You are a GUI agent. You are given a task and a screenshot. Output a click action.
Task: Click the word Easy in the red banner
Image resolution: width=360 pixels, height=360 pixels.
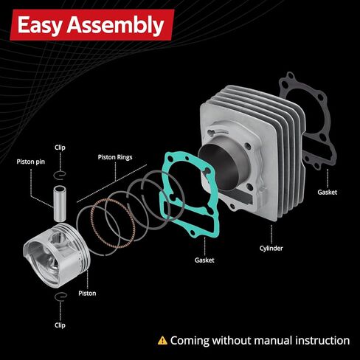pyautogui.click(x=39, y=25)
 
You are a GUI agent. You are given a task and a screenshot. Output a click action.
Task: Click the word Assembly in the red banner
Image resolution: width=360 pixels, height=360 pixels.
pyautogui.click(x=115, y=25)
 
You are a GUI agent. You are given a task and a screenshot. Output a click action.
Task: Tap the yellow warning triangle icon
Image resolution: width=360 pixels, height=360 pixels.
pyautogui.click(x=162, y=341)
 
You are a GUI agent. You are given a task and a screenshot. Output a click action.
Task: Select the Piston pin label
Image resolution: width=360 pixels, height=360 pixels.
pyautogui.click(x=31, y=162)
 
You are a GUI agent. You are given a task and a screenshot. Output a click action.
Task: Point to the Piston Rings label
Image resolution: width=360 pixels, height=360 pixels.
pyautogui.click(x=115, y=157)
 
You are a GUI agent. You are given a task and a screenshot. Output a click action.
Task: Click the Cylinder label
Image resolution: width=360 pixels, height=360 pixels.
pyautogui.click(x=271, y=249)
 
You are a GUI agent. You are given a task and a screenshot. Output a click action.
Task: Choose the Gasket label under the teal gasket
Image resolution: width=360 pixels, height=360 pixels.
pyautogui.click(x=204, y=260)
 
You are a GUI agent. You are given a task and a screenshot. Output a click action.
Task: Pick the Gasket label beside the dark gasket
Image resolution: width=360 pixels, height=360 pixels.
pyautogui.click(x=327, y=193)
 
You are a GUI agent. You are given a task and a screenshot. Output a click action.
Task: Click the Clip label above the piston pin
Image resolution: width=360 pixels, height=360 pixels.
pyautogui.click(x=60, y=148)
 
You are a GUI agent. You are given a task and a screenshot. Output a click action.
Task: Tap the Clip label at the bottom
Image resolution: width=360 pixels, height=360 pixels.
pyautogui.click(x=60, y=325)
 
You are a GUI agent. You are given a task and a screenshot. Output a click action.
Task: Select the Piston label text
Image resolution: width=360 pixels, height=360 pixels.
pyautogui.click(x=87, y=294)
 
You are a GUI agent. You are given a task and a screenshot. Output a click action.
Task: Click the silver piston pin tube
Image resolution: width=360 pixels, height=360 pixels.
pyautogui.click(x=60, y=204)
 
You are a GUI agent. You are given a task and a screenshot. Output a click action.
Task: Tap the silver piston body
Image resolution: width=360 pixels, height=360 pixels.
pyautogui.click(x=57, y=255)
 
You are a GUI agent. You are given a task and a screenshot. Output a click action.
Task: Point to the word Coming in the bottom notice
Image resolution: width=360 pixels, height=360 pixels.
pyautogui.click(x=190, y=342)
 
